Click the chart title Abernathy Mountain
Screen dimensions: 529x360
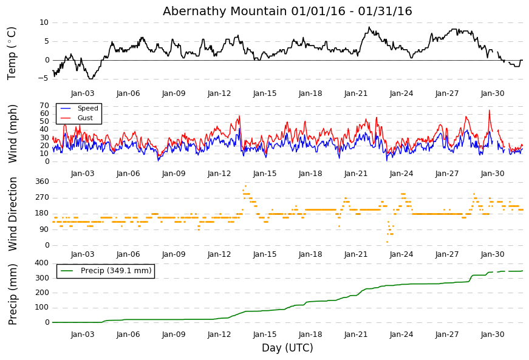coord(225,11)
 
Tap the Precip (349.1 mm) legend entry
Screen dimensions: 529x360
coord(106,271)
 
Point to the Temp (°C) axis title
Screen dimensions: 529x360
coord(12,53)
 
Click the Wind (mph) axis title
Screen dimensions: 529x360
coord(13,134)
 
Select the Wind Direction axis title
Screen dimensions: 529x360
coord(13,214)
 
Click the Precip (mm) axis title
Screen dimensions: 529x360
coord(13,294)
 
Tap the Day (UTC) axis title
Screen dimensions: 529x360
coord(287,347)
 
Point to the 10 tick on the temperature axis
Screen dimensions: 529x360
coord(44,22)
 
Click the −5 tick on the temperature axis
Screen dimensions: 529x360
coord(44,78)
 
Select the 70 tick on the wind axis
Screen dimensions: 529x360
coord(44,106)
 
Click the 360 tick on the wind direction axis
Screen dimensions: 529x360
coord(42,182)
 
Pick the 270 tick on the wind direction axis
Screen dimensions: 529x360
coord(42,197)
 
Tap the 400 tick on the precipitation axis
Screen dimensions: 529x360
coord(42,263)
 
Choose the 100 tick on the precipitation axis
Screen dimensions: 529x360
coord(42,307)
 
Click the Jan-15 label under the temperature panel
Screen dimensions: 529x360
coord(265,93)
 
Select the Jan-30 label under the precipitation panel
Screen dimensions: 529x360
coord(493,335)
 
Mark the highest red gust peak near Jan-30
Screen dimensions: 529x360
coord(489,110)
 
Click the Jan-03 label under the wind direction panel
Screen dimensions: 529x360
coord(83,254)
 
